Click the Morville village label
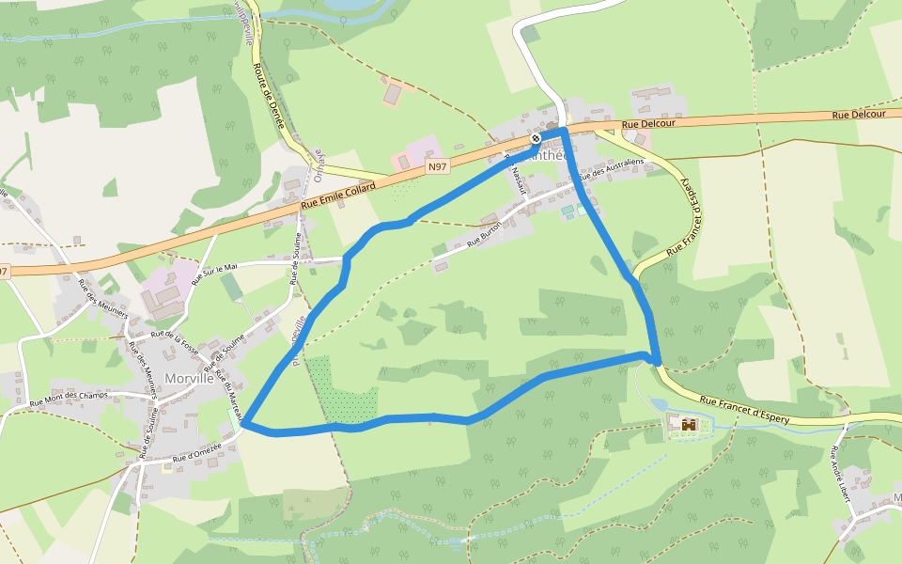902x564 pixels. (x=189, y=378)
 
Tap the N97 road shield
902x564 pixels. (x=436, y=166)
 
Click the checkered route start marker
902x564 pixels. (x=536, y=138)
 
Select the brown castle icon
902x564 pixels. (x=689, y=426)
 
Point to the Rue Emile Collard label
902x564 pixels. (x=337, y=195)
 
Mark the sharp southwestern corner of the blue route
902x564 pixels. (x=245, y=425)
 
